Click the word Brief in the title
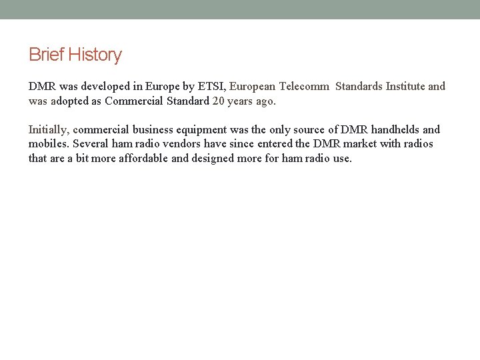[x=45, y=55]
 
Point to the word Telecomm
[x=304, y=86]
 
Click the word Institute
[x=405, y=86]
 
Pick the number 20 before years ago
[x=219, y=101]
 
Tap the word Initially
[x=48, y=129]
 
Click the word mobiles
[x=48, y=143]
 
